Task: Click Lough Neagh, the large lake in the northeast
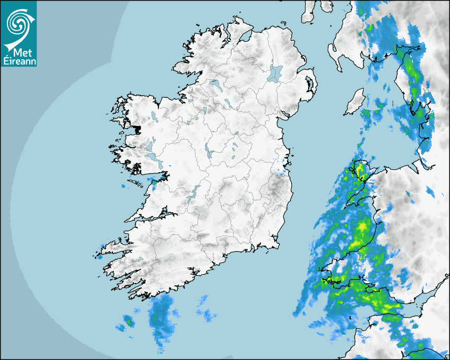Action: coord(275,73)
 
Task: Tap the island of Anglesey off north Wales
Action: coord(361,170)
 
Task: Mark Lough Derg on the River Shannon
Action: coord(195,192)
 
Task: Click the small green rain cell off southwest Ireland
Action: coord(128,320)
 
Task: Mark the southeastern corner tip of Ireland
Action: coord(277,244)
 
